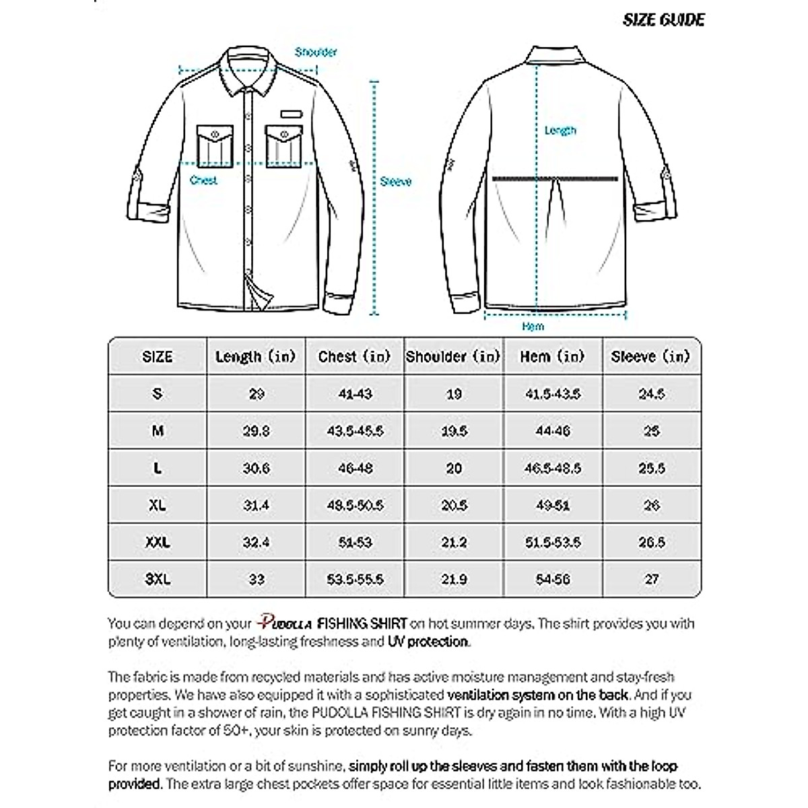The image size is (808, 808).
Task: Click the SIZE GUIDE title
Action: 663,20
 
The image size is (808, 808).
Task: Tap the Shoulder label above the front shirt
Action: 316,52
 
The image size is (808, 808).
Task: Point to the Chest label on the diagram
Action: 203,180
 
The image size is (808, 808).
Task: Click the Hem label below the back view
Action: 533,326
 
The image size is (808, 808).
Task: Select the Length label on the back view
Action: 560,130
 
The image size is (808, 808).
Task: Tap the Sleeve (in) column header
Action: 651,356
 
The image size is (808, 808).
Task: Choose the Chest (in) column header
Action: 355,356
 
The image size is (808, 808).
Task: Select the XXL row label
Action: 158,541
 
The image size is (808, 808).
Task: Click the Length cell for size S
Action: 257,394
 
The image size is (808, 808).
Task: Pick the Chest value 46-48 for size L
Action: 355,468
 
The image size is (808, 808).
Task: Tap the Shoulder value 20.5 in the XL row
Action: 454,505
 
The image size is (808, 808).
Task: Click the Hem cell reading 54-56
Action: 553,579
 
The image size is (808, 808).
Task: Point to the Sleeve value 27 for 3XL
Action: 651,579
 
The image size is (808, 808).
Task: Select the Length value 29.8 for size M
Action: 257,431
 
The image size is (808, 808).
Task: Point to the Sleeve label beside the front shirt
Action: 395,182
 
